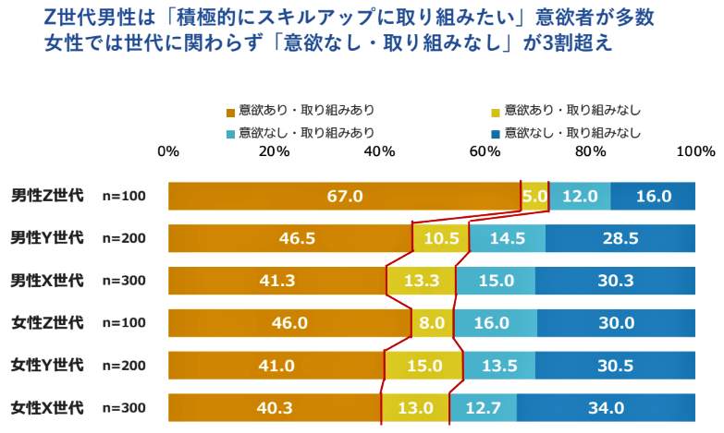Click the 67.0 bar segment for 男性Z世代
point(344,196)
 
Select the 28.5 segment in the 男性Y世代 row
point(620,238)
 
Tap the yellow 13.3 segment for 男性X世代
point(422,281)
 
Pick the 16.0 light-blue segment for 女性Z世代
point(491,323)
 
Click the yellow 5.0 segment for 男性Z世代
point(534,196)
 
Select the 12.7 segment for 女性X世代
point(483,407)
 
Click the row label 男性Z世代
point(47,196)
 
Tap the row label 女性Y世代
point(47,365)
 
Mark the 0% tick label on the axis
point(168,151)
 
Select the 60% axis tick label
point(485,151)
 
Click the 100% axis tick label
point(695,151)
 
